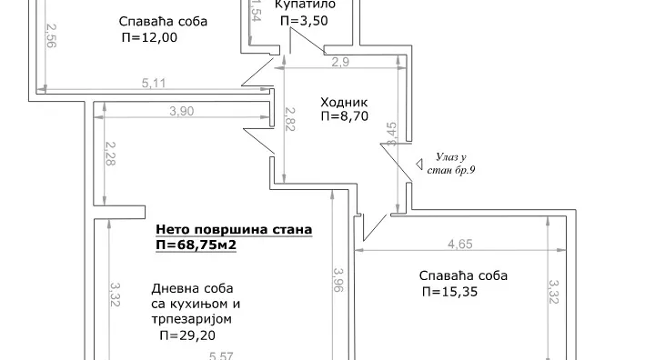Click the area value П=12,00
pyautogui.click(x=148, y=37)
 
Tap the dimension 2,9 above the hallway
pyautogui.click(x=340, y=63)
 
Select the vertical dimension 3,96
pyautogui.click(x=338, y=282)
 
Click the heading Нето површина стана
pyautogui.click(x=234, y=230)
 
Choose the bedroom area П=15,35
pyautogui.click(x=450, y=292)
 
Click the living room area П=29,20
pyautogui.click(x=188, y=335)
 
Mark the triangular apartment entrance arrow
pyautogui.click(x=420, y=165)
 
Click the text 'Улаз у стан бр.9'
pyautogui.click(x=452, y=165)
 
